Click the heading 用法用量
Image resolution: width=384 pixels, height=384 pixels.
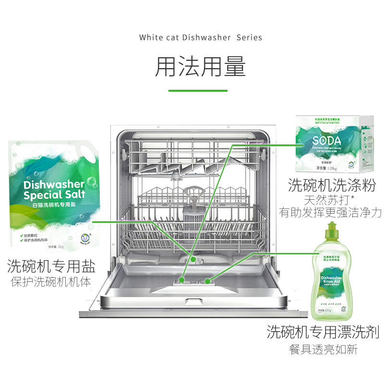[200, 67]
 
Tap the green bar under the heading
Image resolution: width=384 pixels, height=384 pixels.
[198, 90]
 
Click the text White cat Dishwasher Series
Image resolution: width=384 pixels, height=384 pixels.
[201, 37]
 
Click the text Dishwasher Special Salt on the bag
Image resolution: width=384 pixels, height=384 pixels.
[54, 190]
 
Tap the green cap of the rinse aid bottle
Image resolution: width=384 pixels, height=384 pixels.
[331, 232]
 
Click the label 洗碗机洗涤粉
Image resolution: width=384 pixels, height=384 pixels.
[331, 185]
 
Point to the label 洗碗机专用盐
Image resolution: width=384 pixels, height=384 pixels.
[51, 265]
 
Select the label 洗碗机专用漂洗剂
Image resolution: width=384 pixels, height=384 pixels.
[323, 332]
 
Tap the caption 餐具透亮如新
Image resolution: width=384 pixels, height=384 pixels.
[323, 349]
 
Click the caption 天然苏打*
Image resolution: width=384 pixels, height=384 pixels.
[331, 199]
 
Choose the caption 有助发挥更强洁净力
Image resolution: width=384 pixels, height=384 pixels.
[331, 212]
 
